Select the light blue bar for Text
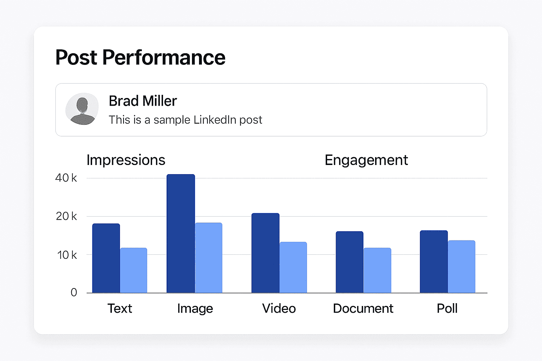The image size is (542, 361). coord(134,270)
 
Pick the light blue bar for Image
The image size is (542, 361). coord(209,258)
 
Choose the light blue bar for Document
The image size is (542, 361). coord(377,270)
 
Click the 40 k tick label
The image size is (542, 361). coord(66,178)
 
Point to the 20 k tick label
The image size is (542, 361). coord(66,216)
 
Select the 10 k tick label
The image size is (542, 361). coord(67,255)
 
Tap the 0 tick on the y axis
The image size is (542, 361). coord(74,292)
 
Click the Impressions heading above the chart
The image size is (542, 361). coord(126,160)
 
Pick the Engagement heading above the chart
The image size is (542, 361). coord(366,160)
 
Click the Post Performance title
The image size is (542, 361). coord(140,57)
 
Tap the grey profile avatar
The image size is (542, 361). coord(82,109)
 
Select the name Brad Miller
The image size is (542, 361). coord(143,101)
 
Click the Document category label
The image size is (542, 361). coord(363,308)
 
